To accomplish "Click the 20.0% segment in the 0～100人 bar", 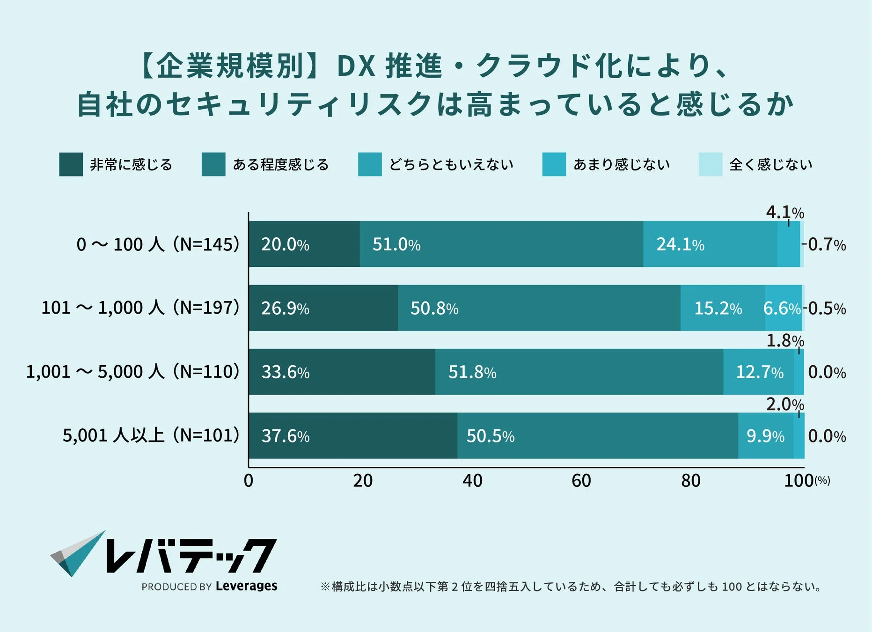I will click(x=304, y=244).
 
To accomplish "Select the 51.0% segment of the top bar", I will click(x=501, y=244).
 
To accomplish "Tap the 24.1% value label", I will click(x=680, y=244).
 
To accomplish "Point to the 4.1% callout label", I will click(x=784, y=213).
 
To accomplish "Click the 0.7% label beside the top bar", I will click(x=827, y=244).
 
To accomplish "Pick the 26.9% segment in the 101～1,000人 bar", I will click(x=323, y=308).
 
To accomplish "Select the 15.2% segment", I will click(x=722, y=308).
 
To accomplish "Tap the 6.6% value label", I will click(x=782, y=308).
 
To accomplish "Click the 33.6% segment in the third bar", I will click(x=342, y=372).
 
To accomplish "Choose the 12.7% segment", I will click(x=759, y=372).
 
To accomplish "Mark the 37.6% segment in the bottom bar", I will click(x=353, y=435).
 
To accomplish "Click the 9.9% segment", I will click(x=765, y=435).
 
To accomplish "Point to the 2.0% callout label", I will click(x=784, y=404).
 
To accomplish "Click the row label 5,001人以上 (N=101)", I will click(x=151, y=435).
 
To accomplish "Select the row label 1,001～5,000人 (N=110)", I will click(x=132, y=372).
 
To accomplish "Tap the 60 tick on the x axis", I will click(x=581, y=481).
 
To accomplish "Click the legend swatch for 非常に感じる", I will click(x=71, y=164).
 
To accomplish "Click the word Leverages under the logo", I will click(x=246, y=586).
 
